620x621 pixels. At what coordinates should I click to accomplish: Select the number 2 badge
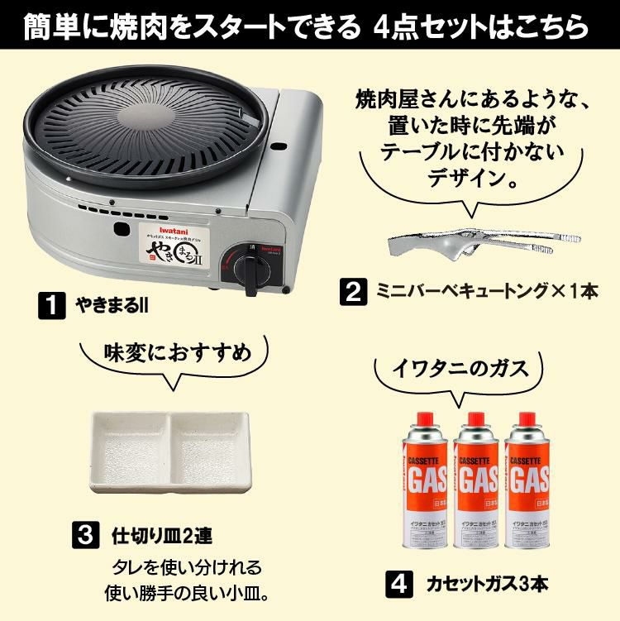(353, 291)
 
